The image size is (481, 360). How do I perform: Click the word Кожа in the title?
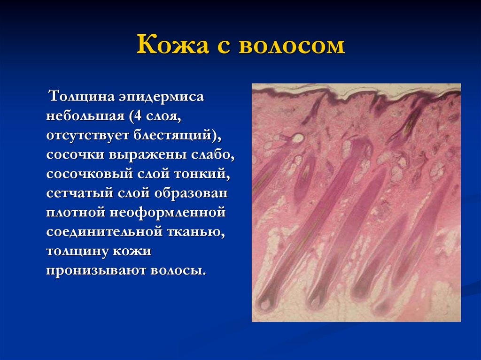173,45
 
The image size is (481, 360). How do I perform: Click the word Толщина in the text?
82,96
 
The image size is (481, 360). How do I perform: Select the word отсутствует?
88,135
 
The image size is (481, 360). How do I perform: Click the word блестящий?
172,135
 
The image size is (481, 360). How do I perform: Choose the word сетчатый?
80,193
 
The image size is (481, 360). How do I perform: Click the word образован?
191,193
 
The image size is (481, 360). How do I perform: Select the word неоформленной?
168,213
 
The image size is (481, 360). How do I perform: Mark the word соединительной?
104,231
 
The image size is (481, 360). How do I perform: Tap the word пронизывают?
96,270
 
